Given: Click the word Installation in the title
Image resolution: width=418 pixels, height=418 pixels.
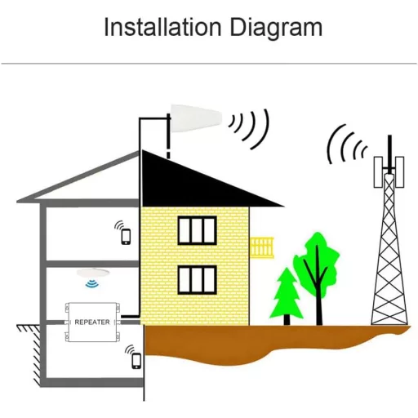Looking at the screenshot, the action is [162, 27].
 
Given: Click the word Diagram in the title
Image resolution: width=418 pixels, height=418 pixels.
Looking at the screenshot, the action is [276, 29].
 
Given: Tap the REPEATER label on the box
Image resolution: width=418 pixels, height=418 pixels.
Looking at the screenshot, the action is [92, 322].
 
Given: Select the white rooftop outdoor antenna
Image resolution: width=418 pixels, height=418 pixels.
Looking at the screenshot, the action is [196, 118].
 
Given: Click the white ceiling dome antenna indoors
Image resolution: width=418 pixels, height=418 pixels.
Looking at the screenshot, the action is [93, 273].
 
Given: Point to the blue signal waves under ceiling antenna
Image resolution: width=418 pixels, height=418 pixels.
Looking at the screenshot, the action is [92, 283].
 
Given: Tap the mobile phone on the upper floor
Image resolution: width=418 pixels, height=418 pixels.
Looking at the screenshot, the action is [126, 237].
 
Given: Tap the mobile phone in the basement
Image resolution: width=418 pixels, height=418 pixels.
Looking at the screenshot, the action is [136, 361].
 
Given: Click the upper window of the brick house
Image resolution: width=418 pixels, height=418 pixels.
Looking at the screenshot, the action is [198, 230].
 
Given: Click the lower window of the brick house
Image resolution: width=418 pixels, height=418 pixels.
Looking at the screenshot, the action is [198, 280].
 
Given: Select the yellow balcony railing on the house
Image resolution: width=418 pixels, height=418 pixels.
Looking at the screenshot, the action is [262, 247].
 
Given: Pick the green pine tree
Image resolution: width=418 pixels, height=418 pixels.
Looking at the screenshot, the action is [287, 296].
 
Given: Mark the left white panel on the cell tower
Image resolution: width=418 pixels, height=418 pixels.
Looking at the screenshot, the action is [378, 172].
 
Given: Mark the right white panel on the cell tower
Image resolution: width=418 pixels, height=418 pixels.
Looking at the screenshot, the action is [399, 172].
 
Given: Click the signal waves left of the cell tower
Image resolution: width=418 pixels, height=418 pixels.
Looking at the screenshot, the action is [345, 145].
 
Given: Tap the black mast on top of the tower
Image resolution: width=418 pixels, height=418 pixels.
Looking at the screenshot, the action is [389, 153].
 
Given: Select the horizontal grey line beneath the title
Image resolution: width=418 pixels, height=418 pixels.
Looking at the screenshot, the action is [209, 64].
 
